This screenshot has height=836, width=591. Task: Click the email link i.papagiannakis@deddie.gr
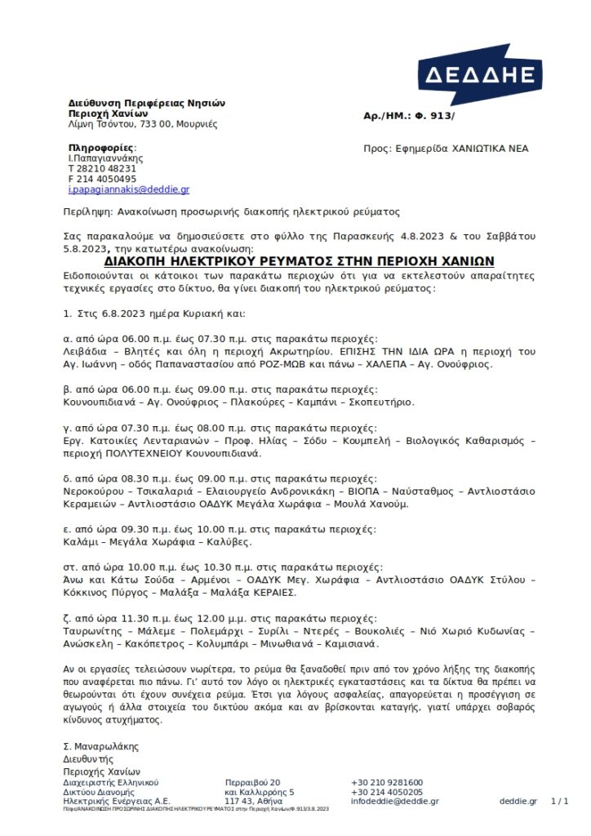click(128, 189)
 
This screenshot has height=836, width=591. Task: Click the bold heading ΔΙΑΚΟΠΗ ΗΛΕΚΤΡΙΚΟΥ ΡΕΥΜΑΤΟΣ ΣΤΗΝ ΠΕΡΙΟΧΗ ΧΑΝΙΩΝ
click(300, 262)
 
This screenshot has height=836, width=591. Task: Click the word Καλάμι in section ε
click(79, 541)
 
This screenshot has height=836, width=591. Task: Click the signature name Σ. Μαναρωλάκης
click(100, 746)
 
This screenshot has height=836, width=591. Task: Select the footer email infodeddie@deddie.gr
click(394, 801)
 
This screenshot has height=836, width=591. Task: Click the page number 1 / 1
click(560, 801)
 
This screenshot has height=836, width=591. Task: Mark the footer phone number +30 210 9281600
click(387, 782)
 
